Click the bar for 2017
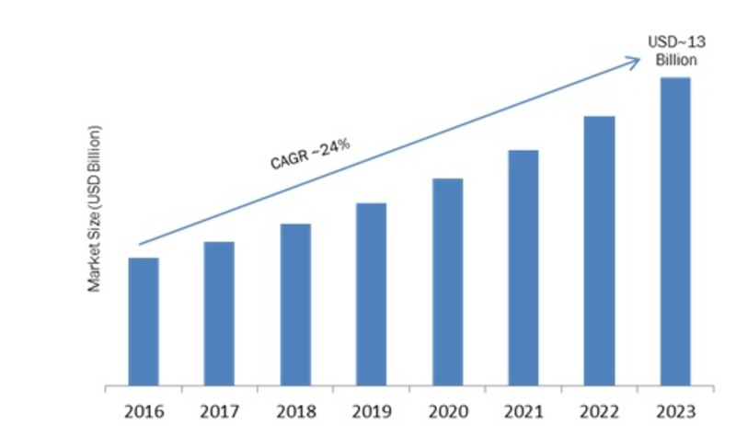click(x=219, y=313)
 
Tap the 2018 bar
click(x=295, y=304)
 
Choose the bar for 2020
click(x=447, y=281)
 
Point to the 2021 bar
click(x=523, y=267)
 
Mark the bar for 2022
click(x=599, y=249)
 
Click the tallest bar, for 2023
click(x=674, y=230)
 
